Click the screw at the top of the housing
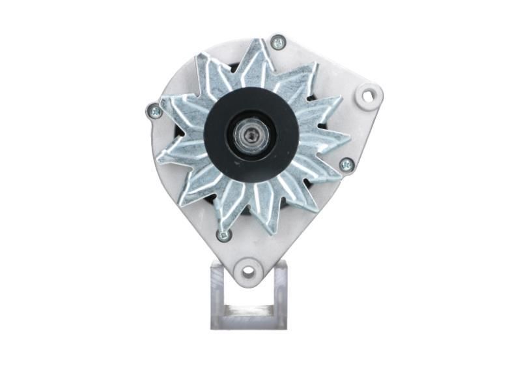pos(278,43)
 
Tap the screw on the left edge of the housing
pos(154,112)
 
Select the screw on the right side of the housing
pos(346,164)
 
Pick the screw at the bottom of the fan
pos(223,235)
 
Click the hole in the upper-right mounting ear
pos(369,97)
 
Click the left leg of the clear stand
pos(218,294)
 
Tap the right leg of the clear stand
pos(280,294)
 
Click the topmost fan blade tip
pos(262,40)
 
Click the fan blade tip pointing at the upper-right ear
pos(339,99)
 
